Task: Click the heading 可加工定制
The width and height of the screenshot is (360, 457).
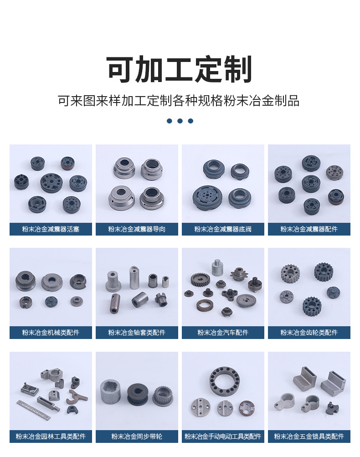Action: click(179, 69)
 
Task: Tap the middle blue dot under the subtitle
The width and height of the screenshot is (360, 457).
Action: click(180, 121)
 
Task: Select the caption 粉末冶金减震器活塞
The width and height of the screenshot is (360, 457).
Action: click(51, 229)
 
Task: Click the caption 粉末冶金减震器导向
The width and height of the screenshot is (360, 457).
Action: click(137, 229)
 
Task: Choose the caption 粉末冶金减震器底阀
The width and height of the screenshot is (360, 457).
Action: click(223, 229)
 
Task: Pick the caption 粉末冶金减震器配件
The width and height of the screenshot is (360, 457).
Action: click(309, 229)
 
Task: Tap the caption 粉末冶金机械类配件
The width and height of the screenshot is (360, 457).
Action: click(51, 333)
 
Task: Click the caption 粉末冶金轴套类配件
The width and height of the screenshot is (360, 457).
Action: click(137, 333)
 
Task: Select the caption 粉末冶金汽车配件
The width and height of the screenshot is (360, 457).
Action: click(223, 333)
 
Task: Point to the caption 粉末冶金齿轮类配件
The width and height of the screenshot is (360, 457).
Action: click(309, 333)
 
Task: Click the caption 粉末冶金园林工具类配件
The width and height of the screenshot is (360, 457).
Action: click(51, 436)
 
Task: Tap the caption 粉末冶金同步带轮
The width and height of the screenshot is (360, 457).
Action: click(137, 436)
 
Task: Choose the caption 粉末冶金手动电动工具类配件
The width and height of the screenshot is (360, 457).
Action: click(223, 436)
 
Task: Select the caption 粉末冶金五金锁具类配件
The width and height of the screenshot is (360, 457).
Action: click(309, 436)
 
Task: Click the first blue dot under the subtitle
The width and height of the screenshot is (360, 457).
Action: click(170, 121)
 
